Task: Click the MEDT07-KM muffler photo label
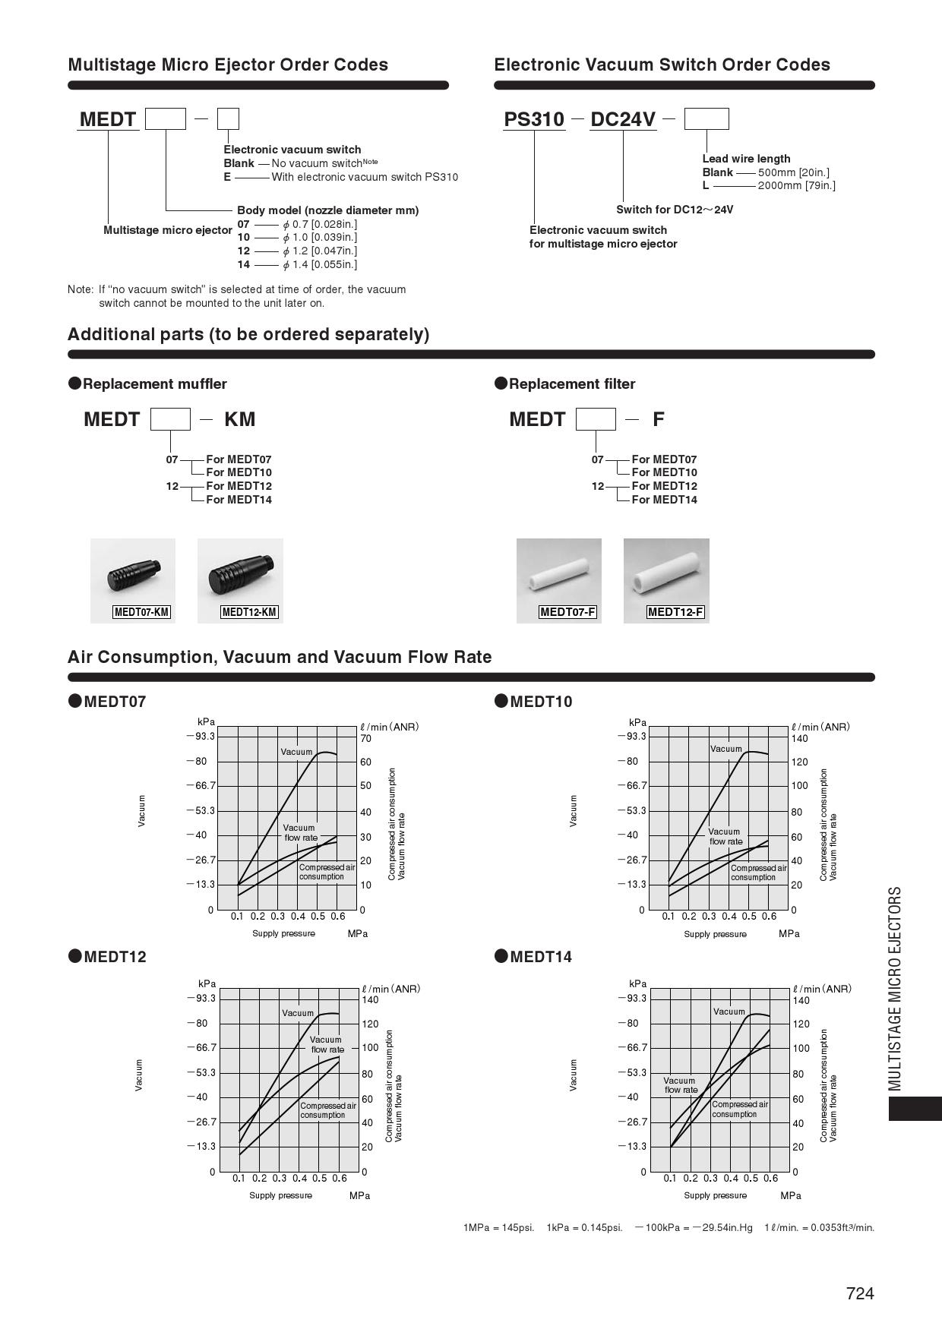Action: point(141,612)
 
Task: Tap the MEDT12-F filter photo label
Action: point(675,612)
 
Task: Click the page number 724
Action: point(860,1293)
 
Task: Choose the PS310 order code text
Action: point(535,119)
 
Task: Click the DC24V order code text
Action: point(623,119)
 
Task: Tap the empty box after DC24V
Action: point(706,119)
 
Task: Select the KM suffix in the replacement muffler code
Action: point(239,419)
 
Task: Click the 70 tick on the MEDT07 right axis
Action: point(366,738)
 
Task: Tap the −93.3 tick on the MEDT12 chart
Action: point(203,998)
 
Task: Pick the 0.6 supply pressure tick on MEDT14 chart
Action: point(771,1178)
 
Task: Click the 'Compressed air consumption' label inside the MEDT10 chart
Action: point(758,873)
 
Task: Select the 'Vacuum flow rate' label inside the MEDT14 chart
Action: point(680,1085)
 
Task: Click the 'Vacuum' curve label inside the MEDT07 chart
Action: point(296,752)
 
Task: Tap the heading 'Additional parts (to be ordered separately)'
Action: point(248,334)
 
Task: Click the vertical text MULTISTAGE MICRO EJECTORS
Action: point(896,988)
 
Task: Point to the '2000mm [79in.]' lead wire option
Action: point(796,185)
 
